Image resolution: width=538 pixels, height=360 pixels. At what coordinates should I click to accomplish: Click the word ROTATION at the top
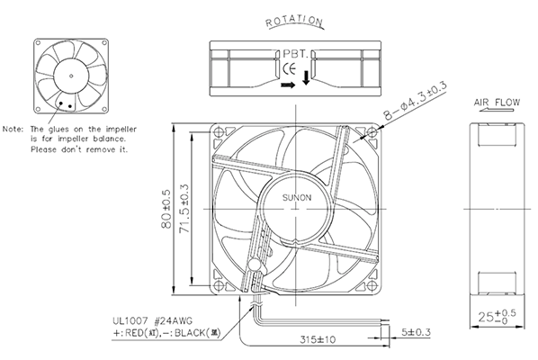tap(294, 22)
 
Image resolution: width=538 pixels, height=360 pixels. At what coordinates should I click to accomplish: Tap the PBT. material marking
tap(295, 54)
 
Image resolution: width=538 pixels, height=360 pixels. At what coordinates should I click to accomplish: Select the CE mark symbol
tap(289, 69)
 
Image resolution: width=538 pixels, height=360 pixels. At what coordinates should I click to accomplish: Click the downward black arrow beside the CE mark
tap(306, 77)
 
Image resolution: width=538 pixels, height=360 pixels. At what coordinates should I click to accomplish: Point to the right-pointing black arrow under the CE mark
tap(288, 85)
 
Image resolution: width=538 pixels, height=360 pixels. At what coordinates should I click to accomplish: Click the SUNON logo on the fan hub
tap(297, 198)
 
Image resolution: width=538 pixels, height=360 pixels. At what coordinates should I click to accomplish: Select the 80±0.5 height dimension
tap(166, 209)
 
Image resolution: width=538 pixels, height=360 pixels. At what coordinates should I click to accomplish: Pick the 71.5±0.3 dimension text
tap(184, 208)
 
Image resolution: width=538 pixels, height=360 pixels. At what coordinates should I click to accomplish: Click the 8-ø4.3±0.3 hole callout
tap(416, 101)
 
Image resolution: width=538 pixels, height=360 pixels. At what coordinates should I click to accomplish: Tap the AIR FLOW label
tap(497, 103)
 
